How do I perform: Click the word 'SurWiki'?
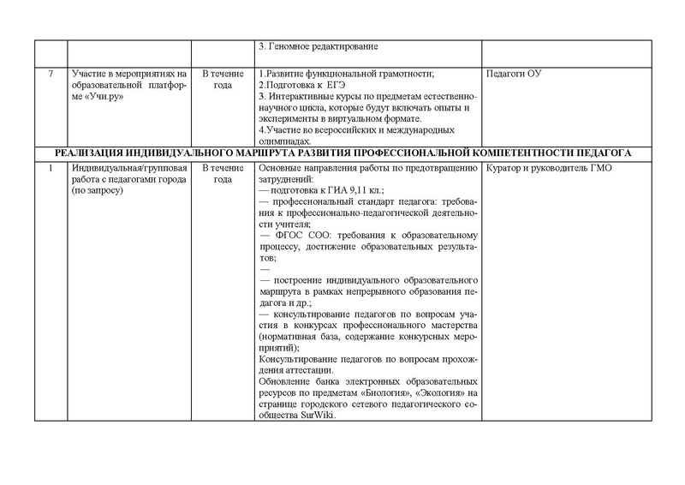coord(318,416)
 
